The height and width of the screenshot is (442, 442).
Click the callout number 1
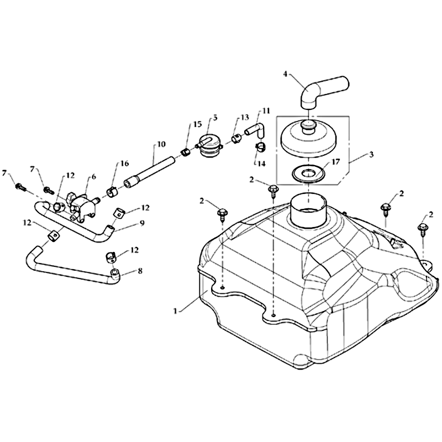coord(175,311)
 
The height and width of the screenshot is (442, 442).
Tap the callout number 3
coord(371,155)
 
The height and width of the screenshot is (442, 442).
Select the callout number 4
coord(285,74)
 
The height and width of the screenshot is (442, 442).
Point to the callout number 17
coord(336,162)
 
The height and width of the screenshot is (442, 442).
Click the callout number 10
coord(161,144)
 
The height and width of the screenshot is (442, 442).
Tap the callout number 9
coord(141,223)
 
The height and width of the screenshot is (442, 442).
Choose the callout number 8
coord(140,271)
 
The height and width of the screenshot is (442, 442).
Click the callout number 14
coord(261,164)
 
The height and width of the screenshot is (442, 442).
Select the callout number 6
coord(93,177)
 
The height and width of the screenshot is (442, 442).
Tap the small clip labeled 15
coord(186,153)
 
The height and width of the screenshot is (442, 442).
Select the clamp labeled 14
coord(261,146)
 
